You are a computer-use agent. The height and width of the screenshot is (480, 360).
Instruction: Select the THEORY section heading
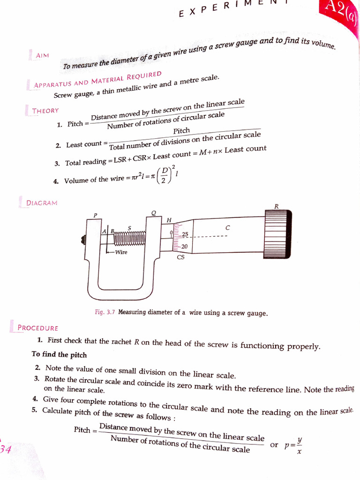45,111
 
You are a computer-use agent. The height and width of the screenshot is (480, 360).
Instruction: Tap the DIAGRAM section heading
42,203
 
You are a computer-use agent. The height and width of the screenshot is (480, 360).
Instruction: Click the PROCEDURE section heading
37,328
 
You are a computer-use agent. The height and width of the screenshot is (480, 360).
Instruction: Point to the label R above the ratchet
276,206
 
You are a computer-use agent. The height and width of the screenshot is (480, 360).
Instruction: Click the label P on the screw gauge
95,215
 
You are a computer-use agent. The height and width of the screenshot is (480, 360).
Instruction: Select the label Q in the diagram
153,213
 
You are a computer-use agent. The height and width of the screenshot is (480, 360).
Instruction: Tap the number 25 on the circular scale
185,234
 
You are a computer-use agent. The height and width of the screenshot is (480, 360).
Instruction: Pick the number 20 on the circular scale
185,247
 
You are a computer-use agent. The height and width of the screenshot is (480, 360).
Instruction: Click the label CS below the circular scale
180,257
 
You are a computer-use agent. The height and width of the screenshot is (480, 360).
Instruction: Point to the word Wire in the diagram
121,252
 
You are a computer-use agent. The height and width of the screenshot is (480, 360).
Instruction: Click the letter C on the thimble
227,227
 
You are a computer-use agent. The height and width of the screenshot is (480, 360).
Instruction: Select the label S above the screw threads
129,228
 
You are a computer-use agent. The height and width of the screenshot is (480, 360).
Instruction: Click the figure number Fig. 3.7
105,312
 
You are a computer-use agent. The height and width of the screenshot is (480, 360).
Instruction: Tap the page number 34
5,450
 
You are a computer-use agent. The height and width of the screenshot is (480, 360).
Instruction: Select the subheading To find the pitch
59,354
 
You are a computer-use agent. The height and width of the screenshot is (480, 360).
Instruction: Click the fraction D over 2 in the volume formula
164,177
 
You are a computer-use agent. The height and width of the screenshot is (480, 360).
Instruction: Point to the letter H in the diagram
169,220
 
